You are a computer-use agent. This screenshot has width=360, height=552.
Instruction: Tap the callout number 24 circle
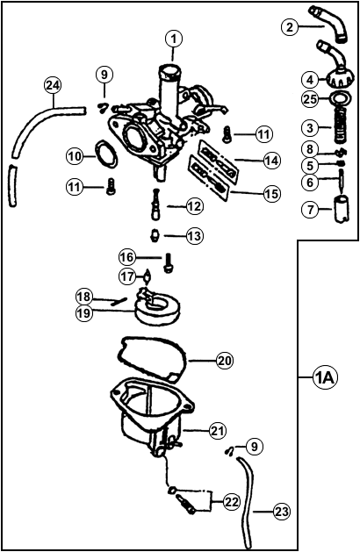coord(53,86)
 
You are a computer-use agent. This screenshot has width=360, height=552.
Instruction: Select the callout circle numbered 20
coord(225,361)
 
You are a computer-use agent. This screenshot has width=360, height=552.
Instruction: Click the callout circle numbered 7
coord(311,209)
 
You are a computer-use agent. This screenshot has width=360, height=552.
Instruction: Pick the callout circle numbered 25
coord(311,100)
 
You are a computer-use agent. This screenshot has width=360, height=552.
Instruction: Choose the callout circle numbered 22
coord(231,501)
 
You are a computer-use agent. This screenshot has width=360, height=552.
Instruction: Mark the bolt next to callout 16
coord(168,262)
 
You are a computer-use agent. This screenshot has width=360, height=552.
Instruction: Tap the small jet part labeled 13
coord(154,235)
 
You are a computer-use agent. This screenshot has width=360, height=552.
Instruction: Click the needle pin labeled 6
coord(342,180)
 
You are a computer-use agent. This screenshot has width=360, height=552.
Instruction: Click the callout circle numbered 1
coord(173,39)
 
